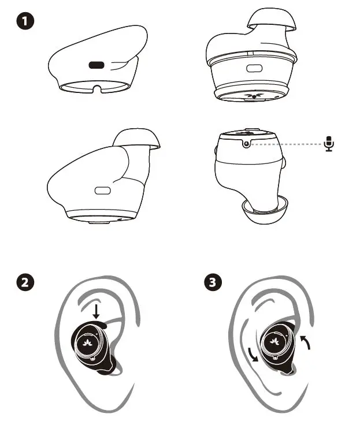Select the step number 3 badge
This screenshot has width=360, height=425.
pyautogui.click(x=213, y=283)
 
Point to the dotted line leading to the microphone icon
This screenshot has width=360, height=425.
pyautogui.click(x=289, y=143)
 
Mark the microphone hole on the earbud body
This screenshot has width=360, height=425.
pyautogui.click(x=247, y=143)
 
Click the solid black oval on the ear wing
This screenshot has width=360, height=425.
pyautogui.click(x=97, y=65)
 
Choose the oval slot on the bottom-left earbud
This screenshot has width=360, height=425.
pyautogui.click(x=103, y=190)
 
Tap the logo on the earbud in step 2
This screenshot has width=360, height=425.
pyautogui.click(x=89, y=342)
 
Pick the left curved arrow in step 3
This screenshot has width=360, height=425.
pyautogui.click(x=251, y=353)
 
